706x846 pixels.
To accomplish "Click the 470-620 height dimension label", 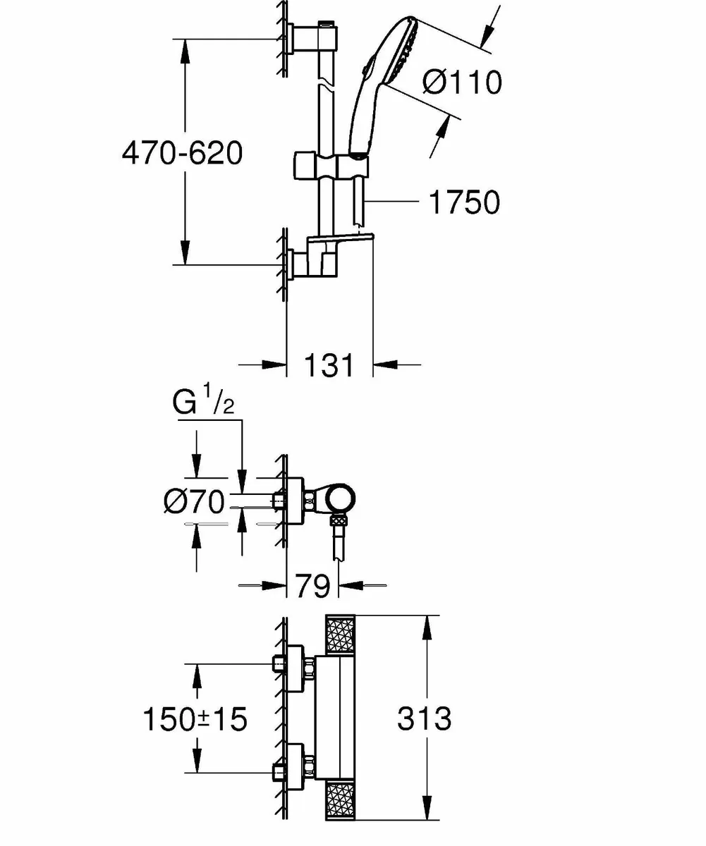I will coord(182,153).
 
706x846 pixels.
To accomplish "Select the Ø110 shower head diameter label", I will coord(462,82).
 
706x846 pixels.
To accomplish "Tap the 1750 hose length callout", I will coord(463,202).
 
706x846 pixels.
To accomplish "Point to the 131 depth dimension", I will coord(329,365).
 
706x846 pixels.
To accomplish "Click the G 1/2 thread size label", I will coord(201,405).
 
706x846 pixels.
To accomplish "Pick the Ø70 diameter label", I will coord(193,503).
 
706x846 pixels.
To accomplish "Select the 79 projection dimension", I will coord(312,585).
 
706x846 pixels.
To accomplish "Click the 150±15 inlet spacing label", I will coord(195,720).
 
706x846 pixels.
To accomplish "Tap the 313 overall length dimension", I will coord(424,719).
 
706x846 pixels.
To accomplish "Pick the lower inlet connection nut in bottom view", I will coord(308,764).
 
